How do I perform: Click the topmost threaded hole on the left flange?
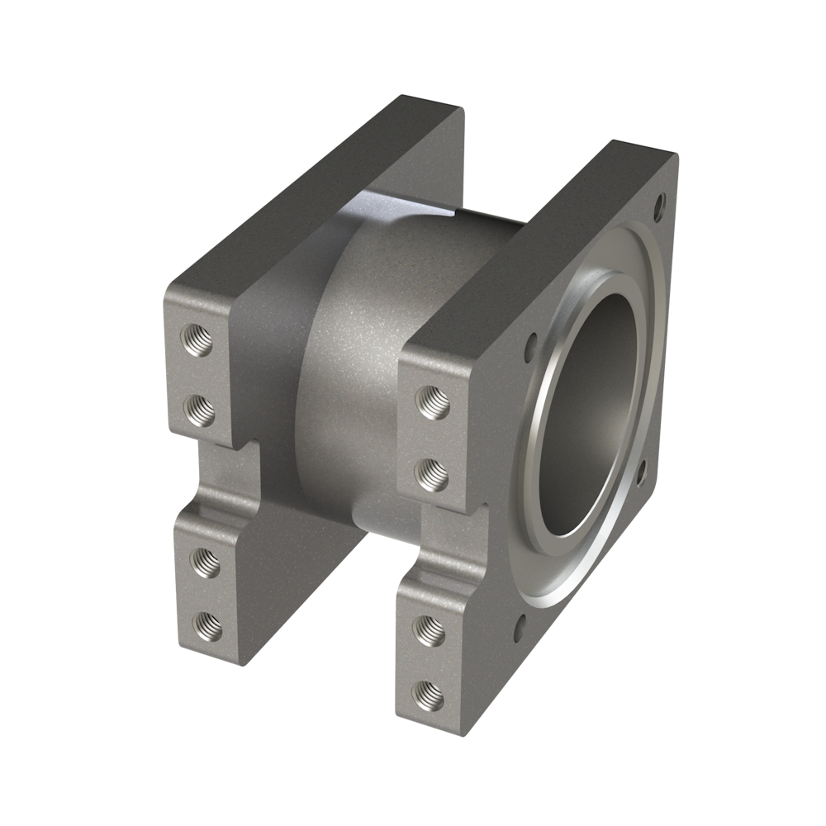[x=199, y=338]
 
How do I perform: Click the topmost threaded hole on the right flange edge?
[x=430, y=403]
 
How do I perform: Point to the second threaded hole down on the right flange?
[x=430, y=472]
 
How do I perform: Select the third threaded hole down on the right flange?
[x=430, y=629]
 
